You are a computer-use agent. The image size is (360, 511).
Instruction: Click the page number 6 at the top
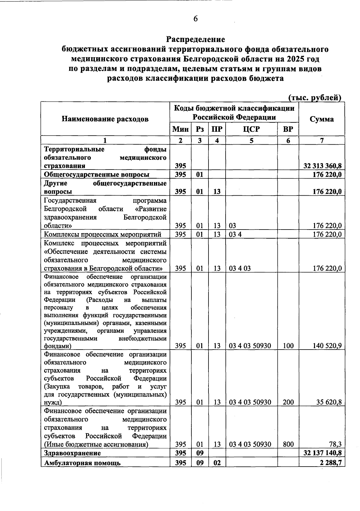(196, 19)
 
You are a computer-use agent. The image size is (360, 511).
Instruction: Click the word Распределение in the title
(196, 39)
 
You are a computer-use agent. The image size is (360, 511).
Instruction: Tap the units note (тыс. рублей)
(315, 98)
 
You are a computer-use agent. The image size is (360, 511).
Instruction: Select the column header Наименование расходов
(105, 119)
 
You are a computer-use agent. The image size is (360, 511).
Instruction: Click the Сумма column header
(322, 119)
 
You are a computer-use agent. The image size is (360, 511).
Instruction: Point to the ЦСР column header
(251, 129)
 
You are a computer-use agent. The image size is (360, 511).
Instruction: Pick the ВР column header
(288, 129)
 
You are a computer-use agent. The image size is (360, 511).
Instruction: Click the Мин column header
(180, 129)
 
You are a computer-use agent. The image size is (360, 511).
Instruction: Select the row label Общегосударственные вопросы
(97, 175)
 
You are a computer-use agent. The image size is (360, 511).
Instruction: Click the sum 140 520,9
(327, 346)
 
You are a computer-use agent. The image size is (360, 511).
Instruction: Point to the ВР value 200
(288, 402)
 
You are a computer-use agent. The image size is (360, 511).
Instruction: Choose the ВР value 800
(288, 444)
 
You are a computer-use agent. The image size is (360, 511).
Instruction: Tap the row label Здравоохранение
(72, 453)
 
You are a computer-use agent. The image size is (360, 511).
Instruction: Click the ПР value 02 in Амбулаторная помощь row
(217, 463)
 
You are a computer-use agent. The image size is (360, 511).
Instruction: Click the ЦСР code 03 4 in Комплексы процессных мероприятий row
(235, 234)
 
